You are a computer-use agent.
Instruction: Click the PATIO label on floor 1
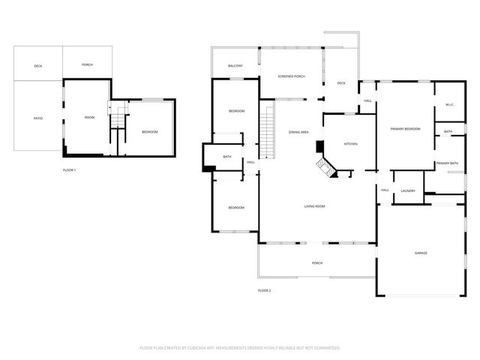pyautogui.click(x=37, y=118)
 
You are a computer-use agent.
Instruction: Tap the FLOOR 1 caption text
pyautogui.click(x=69, y=170)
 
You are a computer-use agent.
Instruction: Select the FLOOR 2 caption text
pyautogui.click(x=264, y=290)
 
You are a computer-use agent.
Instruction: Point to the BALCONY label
pyautogui.click(x=235, y=66)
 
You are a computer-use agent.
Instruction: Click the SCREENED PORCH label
pyautogui.click(x=292, y=76)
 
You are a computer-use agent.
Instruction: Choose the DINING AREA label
pyautogui.click(x=299, y=132)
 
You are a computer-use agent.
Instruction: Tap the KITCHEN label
pyautogui.click(x=350, y=143)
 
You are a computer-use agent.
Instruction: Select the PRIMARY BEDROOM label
pyautogui.click(x=405, y=129)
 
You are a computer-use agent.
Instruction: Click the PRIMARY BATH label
pyautogui.click(x=447, y=163)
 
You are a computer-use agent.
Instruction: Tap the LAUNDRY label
pyautogui.click(x=408, y=190)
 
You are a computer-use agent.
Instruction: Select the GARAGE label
pyautogui.click(x=421, y=253)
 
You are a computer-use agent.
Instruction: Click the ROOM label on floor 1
pyautogui.click(x=89, y=117)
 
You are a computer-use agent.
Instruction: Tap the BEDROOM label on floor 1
pyautogui.click(x=150, y=132)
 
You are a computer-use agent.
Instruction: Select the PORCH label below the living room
pyautogui.click(x=317, y=263)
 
